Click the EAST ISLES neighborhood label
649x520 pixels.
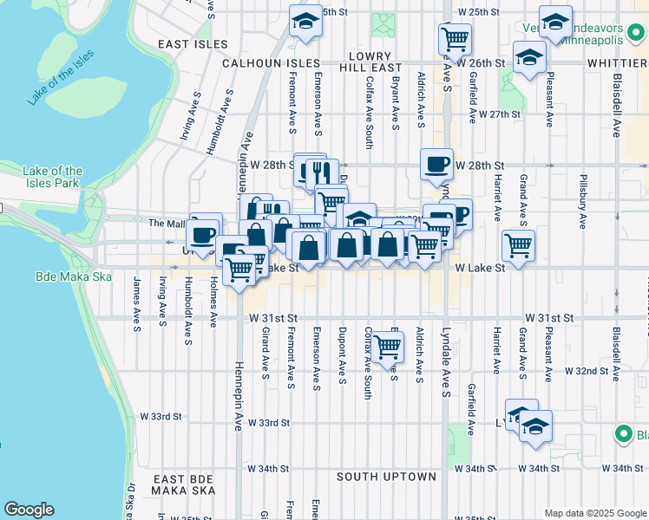click(193, 44)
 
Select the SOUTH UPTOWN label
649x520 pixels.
click(386, 477)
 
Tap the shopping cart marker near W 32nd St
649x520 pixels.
click(387, 346)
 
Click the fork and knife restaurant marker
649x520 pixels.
click(322, 173)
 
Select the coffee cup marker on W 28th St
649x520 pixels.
click(436, 165)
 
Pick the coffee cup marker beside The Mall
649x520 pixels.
click(204, 235)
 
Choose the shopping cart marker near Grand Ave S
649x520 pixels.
click(518, 244)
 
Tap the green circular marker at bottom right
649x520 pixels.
click(622, 433)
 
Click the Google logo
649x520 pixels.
click(29, 510)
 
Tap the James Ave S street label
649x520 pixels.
click(137, 303)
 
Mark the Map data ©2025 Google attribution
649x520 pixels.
click(593, 513)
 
